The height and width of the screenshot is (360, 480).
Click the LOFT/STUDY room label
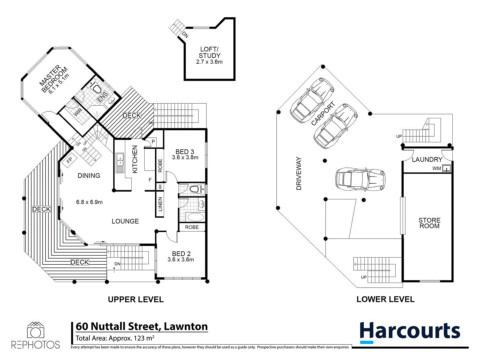(209, 52)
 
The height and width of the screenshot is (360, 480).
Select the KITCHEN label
(135, 159)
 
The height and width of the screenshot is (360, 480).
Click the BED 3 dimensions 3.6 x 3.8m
(185, 158)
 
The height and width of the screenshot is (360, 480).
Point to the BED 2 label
(181, 254)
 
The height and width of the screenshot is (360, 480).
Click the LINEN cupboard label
(160, 204)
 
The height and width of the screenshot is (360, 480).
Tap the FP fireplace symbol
(69, 160)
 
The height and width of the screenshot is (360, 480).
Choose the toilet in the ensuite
(96, 89)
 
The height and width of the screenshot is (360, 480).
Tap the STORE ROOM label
(429, 223)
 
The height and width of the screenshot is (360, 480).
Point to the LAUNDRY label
(427, 160)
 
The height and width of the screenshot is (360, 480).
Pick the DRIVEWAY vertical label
(299, 174)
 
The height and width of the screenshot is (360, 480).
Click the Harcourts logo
(410, 332)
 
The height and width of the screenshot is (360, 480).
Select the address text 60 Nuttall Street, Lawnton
(142, 326)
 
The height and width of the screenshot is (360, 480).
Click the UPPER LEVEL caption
(136, 299)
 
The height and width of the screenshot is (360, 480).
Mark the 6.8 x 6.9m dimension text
(89, 202)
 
